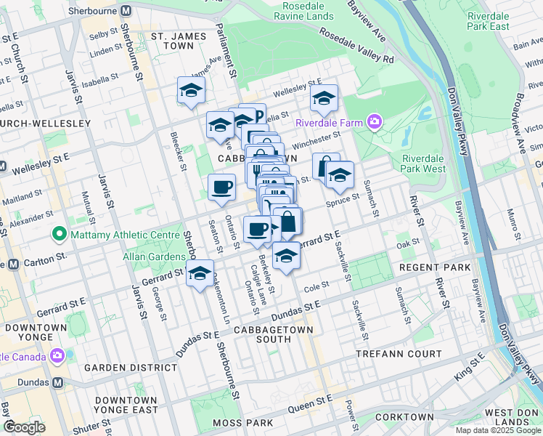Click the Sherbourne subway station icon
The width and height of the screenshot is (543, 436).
pos(126,12)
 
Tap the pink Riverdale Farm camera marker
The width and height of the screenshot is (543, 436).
pos(375,121)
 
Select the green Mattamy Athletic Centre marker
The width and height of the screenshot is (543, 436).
pos(59,235)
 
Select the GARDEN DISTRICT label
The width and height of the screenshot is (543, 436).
pos(130,368)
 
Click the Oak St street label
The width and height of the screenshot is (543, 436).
pos(404,245)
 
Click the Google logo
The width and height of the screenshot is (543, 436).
pos(24,427)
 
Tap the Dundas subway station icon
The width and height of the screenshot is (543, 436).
pos(58,382)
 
